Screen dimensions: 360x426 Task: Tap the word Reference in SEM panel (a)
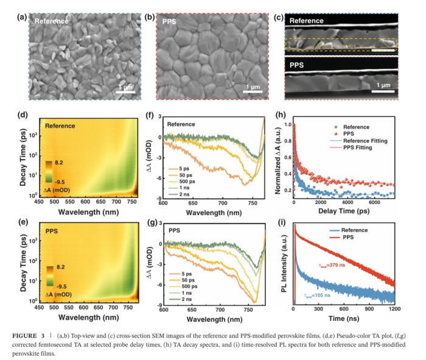[x=51, y=21]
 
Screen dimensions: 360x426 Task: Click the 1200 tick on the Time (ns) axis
[x=394, y=310]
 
